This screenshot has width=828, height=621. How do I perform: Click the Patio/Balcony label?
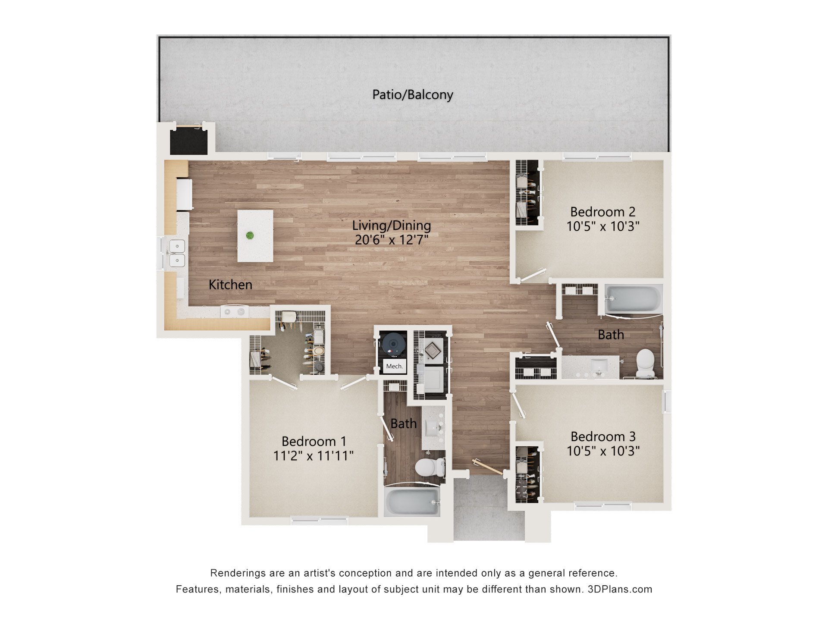click(413, 94)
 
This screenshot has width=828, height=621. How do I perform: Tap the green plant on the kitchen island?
click(250, 235)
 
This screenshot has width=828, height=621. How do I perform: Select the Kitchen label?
click(230, 285)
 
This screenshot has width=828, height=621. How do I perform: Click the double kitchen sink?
click(177, 253)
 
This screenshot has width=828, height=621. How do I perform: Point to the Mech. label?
click(394, 366)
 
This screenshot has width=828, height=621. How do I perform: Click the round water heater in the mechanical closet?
click(393, 344)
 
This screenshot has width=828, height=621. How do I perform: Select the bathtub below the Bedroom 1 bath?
click(412, 501)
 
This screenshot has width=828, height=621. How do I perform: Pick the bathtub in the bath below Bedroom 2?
click(633, 298)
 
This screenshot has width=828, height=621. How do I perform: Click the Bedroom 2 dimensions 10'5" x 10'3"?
click(602, 226)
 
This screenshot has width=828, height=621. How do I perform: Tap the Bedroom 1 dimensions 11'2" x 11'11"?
click(314, 455)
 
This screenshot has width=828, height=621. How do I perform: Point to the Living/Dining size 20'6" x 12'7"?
click(391, 240)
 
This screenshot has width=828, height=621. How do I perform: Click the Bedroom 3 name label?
click(602, 436)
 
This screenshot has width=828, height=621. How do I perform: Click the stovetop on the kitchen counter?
click(235, 311)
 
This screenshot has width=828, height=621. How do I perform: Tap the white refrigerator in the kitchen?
click(184, 194)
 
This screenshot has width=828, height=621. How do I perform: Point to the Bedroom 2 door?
click(533, 275)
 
